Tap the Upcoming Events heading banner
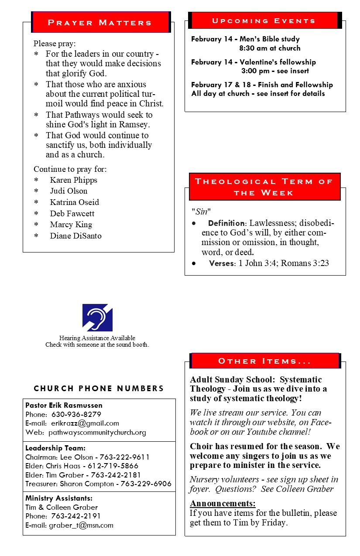point(264,20)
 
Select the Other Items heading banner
point(265,361)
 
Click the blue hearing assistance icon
point(97,317)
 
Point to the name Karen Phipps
point(73,180)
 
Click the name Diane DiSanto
point(75,236)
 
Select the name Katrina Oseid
point(74,202)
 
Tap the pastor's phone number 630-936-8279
point(76,414)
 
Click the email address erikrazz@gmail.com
point(85,423)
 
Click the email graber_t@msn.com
point(81,525)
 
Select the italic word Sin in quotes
point(201,212)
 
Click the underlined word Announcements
point(223,504)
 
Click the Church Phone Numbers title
point(99,389)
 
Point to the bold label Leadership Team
point(55,448)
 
